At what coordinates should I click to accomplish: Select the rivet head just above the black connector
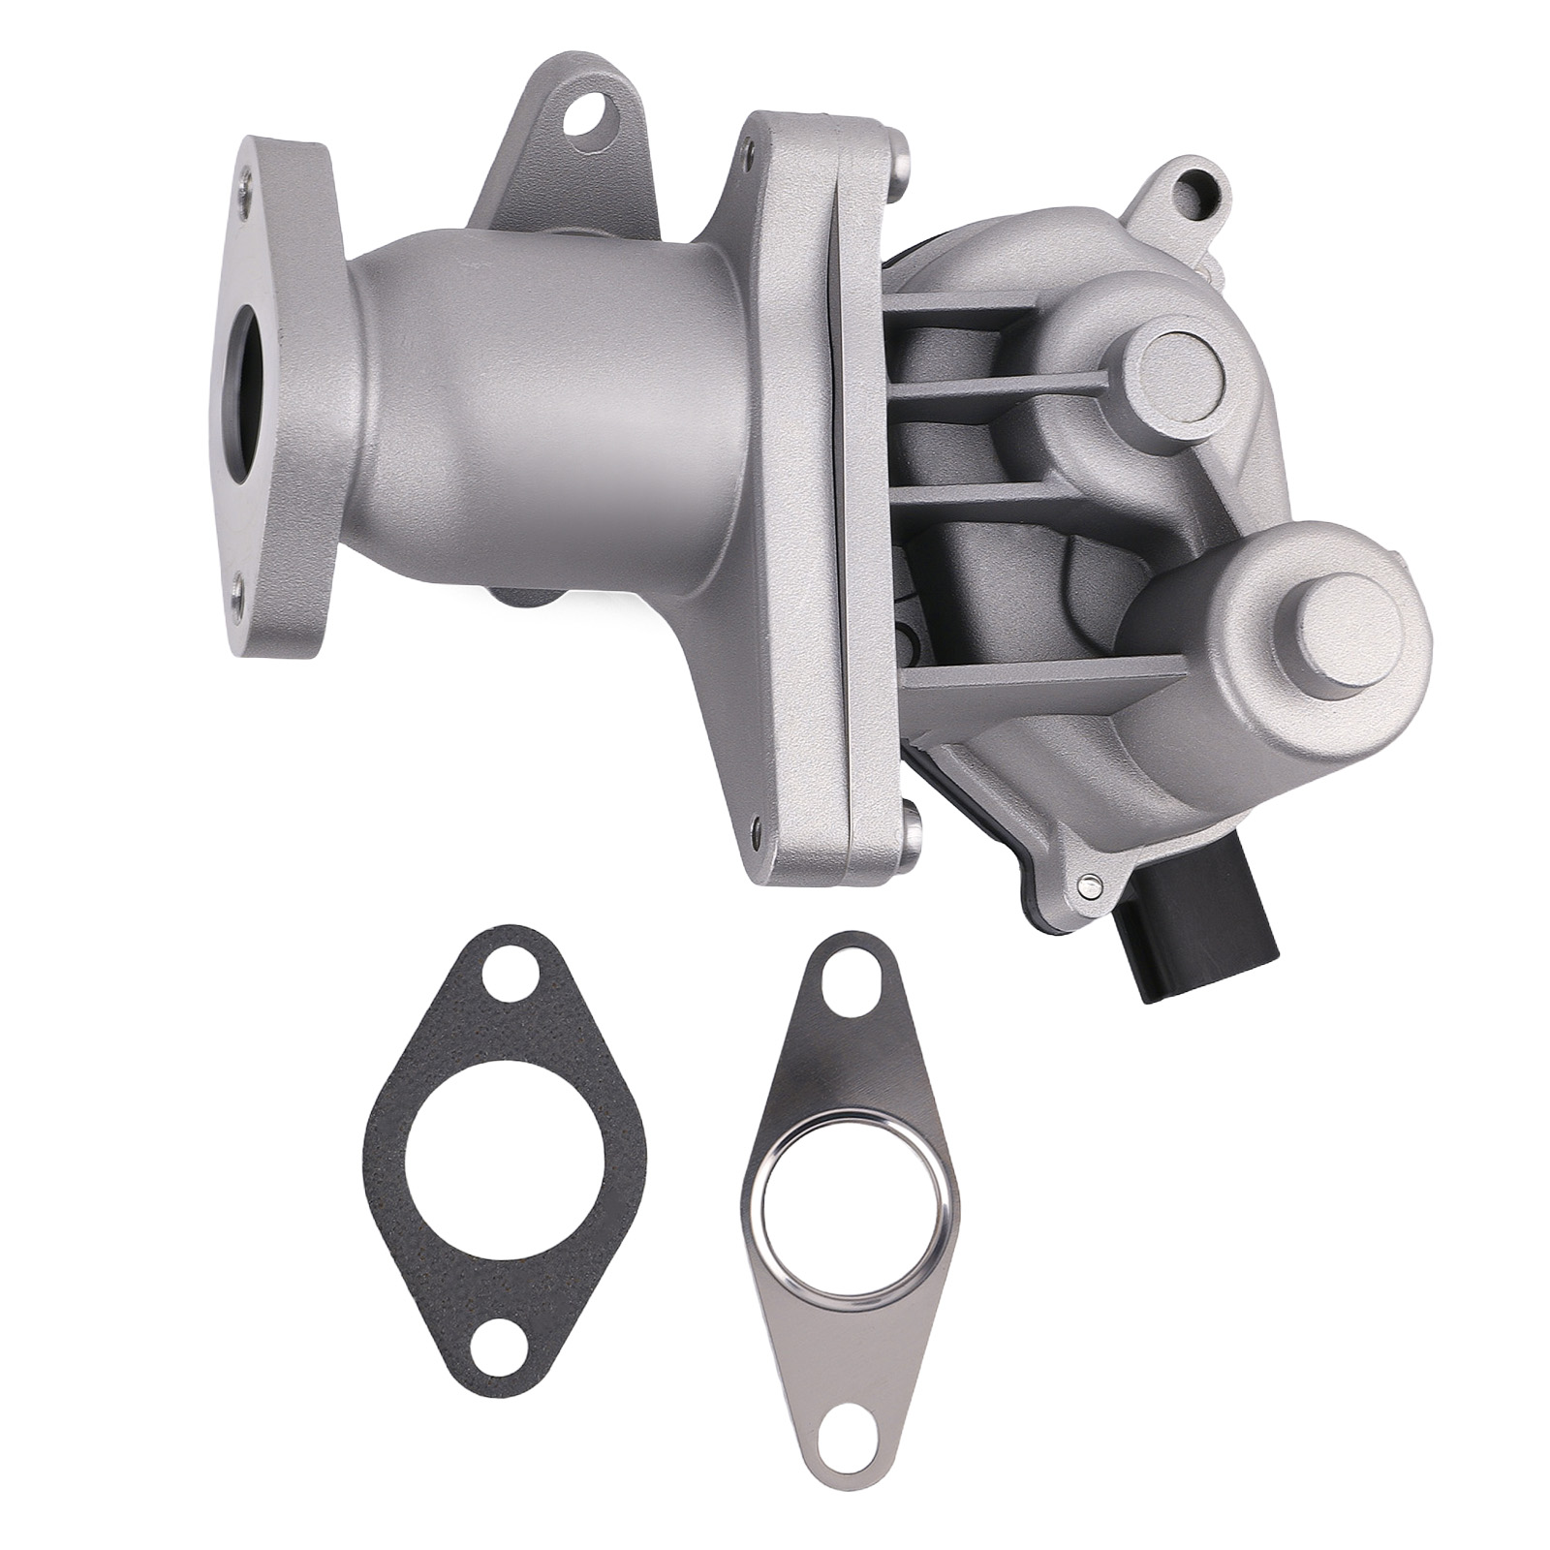[1088, 882]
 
